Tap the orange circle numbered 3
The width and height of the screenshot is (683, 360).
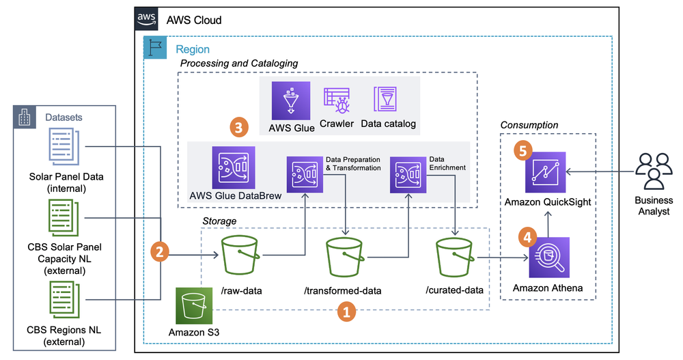[238, 126]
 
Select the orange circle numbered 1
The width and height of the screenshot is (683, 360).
[346, 312]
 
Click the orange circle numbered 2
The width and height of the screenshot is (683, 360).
[160, 251]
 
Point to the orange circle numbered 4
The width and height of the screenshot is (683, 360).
[526, 237]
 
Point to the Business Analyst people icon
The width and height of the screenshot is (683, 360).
[653, 171]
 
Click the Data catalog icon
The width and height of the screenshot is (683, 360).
[386, 100]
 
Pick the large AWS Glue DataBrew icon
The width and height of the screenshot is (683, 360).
[234, 167]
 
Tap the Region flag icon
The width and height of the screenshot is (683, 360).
[155, 49]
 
